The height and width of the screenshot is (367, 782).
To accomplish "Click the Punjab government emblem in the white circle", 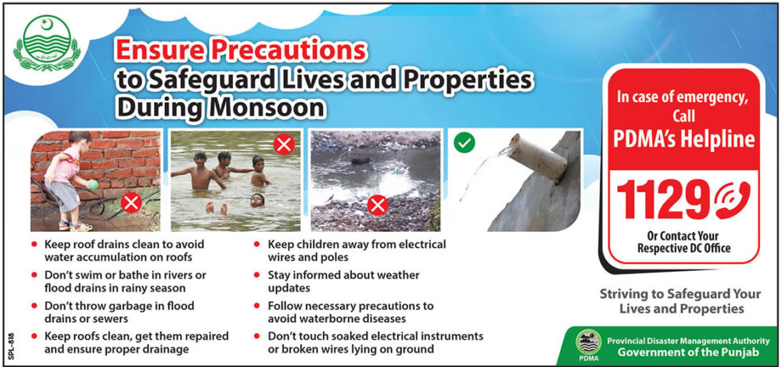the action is pos(47,43).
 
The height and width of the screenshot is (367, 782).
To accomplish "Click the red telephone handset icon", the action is pos(732,200).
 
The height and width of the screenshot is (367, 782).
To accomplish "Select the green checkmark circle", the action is pos(464,143).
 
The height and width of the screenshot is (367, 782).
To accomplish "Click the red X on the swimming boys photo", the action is pos(284,144).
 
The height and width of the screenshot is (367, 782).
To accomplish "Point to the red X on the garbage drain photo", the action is pos(377,205).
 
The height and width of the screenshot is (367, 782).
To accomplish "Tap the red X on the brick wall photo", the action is pos(131,202).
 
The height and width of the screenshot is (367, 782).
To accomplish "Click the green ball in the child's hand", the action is pos(93,185).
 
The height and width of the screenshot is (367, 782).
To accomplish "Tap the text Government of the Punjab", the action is pos(688,352).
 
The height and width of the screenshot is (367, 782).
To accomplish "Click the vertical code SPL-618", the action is pos(11,346).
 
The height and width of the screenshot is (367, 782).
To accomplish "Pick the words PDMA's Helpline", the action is pos(683,139).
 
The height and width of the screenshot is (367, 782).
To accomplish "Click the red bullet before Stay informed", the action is pos(257,275).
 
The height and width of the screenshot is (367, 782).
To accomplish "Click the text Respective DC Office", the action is pos(683,248).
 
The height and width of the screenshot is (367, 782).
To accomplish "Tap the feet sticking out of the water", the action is pos(216,208).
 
